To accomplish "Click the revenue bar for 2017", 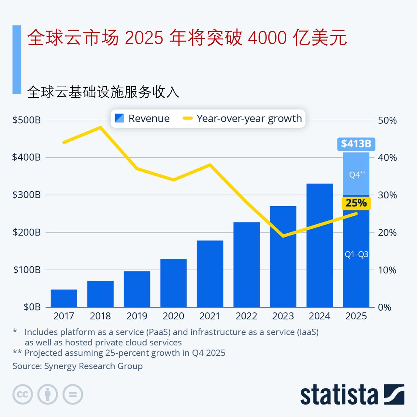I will (x=64, y=298).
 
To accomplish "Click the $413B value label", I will (x=356, y=144).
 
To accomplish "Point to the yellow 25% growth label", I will (x=356, y=203).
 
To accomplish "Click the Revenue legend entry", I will (x=142, y=118).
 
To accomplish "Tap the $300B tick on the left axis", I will (x=26, y=195).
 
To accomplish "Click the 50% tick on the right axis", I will (x=387, y=121).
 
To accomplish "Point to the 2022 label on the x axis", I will (x=247, y=316).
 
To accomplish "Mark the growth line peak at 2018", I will (x=100, y=127).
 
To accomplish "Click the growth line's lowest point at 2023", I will (x=283, y=236).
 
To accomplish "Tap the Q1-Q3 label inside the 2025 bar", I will (x=356, y=254).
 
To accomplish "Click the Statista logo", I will (x=352, y=395).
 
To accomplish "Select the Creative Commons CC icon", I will (x=22, y=395).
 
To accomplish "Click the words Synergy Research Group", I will (x=93, y=366).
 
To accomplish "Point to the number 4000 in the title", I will (x=267, y=38).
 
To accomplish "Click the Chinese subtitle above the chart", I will (x=103, y=92).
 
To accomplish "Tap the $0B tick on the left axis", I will (x=32, y=307).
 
